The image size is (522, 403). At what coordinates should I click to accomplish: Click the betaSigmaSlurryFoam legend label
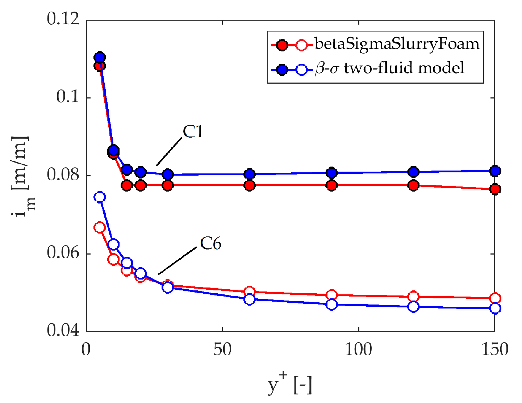(397, 44)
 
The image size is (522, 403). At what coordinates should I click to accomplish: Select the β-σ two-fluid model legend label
(389, 68)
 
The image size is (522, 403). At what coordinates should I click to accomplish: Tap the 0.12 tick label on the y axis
(63, 19)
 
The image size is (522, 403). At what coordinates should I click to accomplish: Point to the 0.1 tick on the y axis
(68, 97)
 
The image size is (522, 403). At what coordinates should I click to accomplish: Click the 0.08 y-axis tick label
(63, 176)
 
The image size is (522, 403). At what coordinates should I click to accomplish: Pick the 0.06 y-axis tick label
(63, 253)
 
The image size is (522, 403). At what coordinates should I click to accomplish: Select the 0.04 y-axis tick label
(63, 331)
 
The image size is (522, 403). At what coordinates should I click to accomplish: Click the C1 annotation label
(193, 132)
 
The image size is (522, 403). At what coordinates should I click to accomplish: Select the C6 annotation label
(210, 244)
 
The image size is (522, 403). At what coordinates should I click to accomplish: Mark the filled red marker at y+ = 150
(495, 189)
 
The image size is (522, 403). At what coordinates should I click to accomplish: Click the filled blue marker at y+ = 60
(249, 174)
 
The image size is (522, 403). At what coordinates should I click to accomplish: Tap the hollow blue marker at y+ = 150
(495, 308)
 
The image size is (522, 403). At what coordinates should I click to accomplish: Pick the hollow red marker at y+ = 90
(331, 295)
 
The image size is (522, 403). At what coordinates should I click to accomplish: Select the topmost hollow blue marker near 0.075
(100, 197)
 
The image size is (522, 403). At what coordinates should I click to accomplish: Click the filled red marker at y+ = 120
(413, 185)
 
